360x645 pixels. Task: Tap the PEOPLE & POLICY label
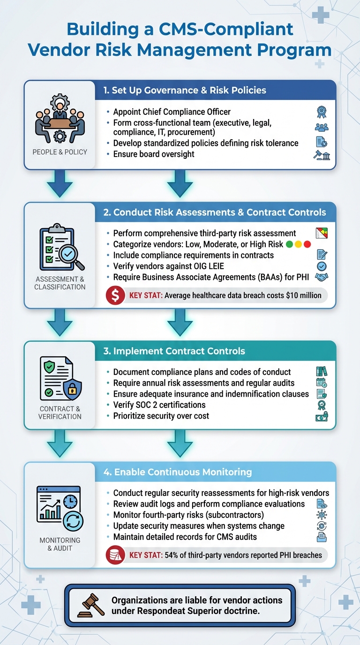pos(60,152)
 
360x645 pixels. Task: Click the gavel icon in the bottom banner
pos(90,604)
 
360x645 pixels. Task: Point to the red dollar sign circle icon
pos(115,296)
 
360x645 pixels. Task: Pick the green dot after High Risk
pos(289,244)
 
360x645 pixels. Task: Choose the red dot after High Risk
pos(307,244)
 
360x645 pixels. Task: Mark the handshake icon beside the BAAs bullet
pos(322,277)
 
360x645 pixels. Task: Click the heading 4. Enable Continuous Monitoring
pos(178,472)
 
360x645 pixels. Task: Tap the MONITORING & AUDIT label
pos(60,544)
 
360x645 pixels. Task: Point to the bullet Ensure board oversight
pos(154,154)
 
